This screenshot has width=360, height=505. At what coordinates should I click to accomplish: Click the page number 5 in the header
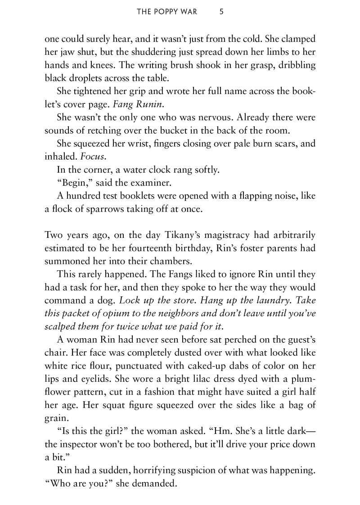pyautogui.click(x=221, y=12)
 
